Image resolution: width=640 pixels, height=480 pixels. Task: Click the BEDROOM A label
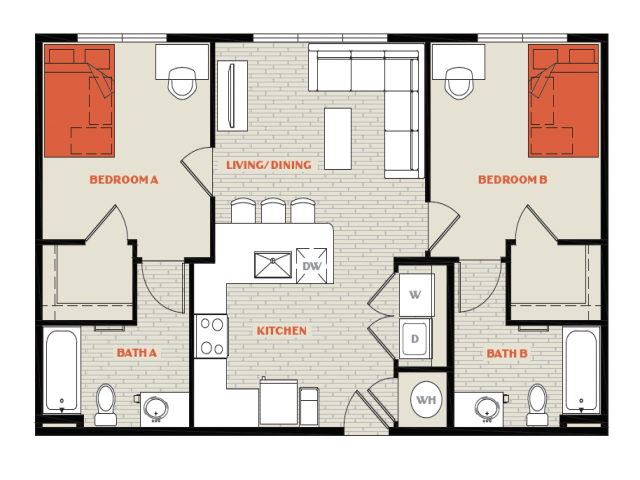[x=124, y=180]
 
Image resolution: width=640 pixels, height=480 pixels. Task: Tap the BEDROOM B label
[x=513, y=180]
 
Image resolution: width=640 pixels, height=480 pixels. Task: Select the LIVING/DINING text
[x=269, y=165]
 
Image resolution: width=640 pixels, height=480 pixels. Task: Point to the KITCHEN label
[x=282, y=331]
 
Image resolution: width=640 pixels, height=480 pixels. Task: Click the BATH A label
[x=137, y=353]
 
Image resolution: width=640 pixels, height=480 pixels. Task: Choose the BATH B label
[x=507, y=353]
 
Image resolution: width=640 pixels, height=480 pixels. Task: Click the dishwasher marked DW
[x=312, y=266]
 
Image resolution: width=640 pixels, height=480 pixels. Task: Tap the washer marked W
[x=415, y=295]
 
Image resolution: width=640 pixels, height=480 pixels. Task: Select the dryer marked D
[x=415, y=339]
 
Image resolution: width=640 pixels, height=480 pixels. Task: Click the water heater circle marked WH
[x=426, y=400]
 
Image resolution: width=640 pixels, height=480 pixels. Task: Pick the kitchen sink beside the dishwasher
[x=273, y=265]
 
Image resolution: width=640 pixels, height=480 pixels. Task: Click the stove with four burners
[x=211, y=336]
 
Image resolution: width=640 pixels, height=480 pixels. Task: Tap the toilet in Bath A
[x=106, y=404]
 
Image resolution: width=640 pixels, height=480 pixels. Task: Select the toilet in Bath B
[x=537, y=404]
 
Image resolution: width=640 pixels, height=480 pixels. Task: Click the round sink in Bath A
[x=156, y=408]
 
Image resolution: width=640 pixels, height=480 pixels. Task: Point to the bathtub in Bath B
[x=581, y=370]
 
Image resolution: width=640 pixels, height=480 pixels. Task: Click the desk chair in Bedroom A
[x=182, y=83]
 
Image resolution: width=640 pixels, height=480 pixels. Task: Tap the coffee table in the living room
[x=338, y=139]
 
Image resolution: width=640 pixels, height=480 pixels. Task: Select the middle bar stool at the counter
[x=273, y=211]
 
